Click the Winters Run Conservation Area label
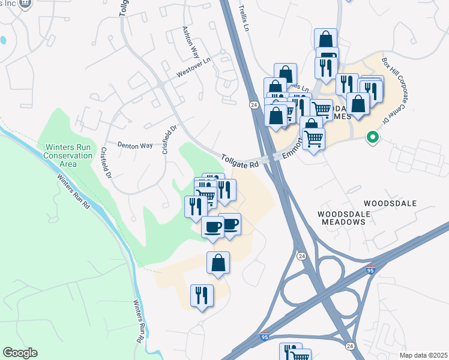[x=67, y=155]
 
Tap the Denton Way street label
[x=135, y=145]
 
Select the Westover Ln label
[x=191, y=74]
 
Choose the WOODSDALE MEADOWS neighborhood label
[x=342, y=217]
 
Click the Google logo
[x=20, y=353]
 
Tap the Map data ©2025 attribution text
[x=423, y=355]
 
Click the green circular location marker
[x=373, y=137]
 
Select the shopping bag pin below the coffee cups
[x=218, y=263]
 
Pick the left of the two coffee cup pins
[x=212, y=227]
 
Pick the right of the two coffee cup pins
[x=230, y=224]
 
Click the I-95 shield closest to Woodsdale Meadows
[x=372, y=271]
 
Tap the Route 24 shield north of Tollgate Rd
[x=255, y=104]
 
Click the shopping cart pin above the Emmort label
[x=322, y=110]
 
